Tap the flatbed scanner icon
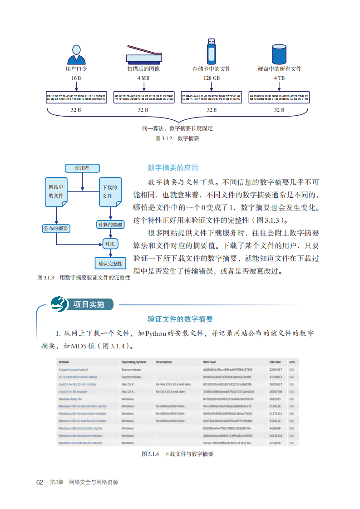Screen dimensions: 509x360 143,54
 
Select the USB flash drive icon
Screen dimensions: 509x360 211,51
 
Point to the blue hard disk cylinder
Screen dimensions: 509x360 279,54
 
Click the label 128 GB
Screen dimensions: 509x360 212,78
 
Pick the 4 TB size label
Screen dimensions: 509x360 279,78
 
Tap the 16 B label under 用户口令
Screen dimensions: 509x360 76,78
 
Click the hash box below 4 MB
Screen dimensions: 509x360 143,98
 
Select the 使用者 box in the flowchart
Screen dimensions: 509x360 82,168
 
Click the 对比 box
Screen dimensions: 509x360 109,244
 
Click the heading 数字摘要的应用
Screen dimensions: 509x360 173,168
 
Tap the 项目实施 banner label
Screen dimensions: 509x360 89,304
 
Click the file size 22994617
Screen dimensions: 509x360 276,370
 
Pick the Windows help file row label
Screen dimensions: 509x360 70,399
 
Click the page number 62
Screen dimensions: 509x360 39,482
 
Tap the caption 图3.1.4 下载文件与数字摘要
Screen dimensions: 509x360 178,454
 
